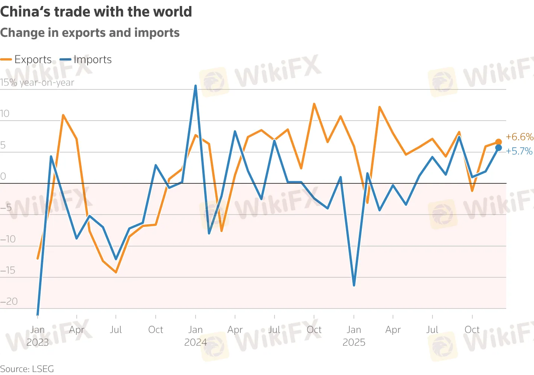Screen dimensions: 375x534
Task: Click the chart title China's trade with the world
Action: point(96,12)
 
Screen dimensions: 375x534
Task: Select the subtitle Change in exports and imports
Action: point(90,33)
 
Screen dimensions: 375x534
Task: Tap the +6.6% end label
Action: point(519,137)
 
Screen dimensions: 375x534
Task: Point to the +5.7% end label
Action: point(519,151)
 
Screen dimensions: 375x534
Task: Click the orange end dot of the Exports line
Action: point(498,142)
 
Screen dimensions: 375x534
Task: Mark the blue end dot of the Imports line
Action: point(498,148)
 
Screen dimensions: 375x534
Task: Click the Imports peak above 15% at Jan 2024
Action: point(196,86)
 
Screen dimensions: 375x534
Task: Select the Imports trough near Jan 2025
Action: point(354,285)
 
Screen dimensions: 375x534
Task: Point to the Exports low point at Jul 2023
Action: point(116,272)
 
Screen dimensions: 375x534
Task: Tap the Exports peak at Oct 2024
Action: point(314,104)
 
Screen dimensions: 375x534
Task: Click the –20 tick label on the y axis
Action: point(9,301)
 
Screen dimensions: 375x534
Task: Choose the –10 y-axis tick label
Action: point(8,239)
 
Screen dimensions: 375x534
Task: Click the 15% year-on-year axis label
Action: point(37,83)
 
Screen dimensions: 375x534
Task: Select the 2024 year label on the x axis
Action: point(196,342)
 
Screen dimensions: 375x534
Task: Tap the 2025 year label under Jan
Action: point(354,342)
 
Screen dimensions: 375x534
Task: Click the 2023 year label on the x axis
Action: point(38,342)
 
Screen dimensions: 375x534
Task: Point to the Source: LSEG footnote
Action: point(27,369)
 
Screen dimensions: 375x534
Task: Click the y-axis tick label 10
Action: point(5,114)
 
